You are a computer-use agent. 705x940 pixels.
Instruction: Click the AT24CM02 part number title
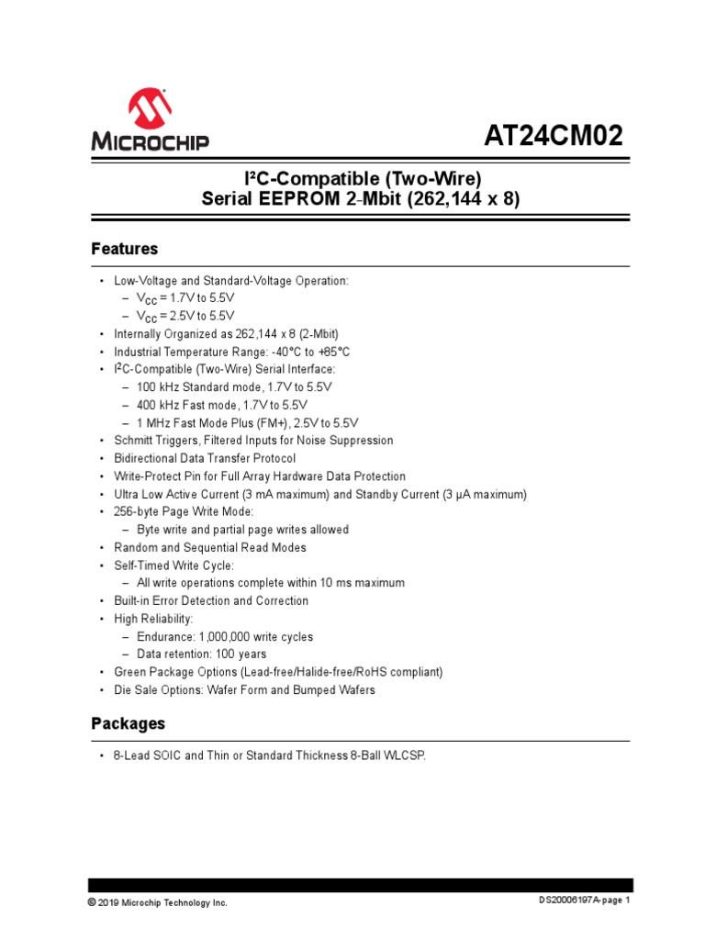pyautogui.click(x=553, y=137)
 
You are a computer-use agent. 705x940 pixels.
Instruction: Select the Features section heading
pyautogui.click(x=125, y=249)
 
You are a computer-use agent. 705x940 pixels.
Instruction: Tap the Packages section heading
pyautogui.click(x=129, y=723)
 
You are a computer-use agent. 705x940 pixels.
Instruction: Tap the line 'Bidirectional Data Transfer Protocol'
pyautogui.click(x=205, y=458)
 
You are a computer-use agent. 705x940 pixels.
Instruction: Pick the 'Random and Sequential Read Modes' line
pyautogui.click(x=210, y=547)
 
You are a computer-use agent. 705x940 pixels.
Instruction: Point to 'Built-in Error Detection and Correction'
pyautogui.click(x=211, y=600)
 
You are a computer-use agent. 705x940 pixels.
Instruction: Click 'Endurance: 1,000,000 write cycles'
pyautogui.click(x=225, y=636)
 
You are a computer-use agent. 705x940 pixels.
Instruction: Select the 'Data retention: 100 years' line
pyautogui.click(x=202, y=655)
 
